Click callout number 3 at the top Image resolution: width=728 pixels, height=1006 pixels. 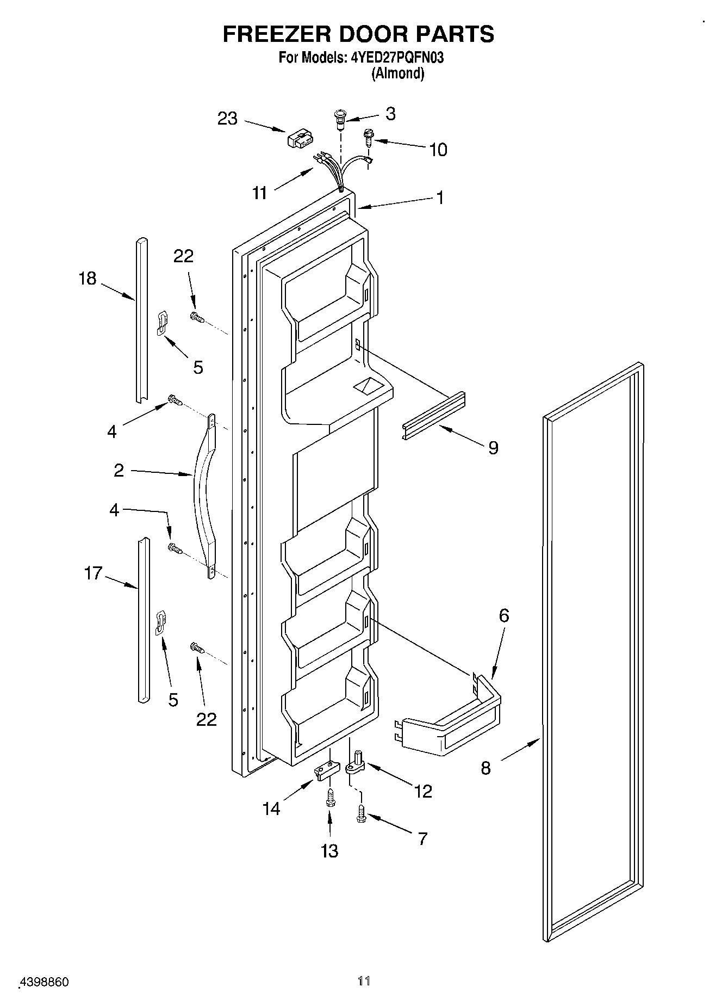(390, 113)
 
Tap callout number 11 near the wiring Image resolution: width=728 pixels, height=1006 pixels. (260, 192)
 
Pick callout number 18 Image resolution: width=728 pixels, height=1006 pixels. (87, 278)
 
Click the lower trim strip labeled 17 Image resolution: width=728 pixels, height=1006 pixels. (142, 620)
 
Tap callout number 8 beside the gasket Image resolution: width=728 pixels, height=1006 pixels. (486, 768)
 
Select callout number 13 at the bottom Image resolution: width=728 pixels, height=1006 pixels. (329, 850)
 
